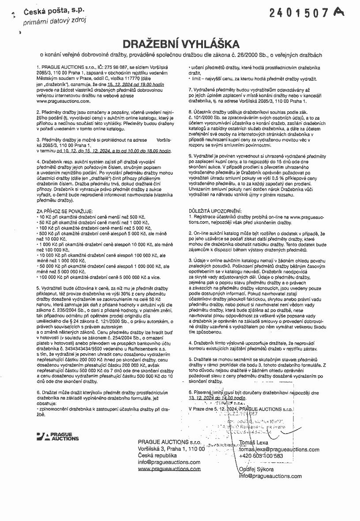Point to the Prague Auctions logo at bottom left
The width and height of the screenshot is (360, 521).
[x=58, y=437]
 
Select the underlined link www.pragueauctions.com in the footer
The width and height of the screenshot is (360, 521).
[x=169, y=469]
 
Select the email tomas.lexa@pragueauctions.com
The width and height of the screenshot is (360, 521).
[x=279, y=449]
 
